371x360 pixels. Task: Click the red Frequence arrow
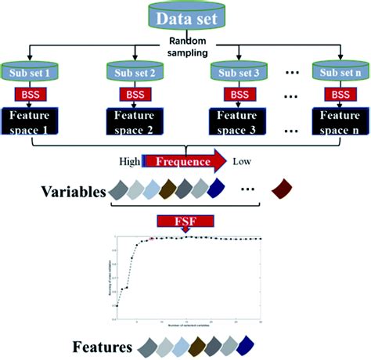[185, 162]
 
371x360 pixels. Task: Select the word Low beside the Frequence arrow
[242, 162]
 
